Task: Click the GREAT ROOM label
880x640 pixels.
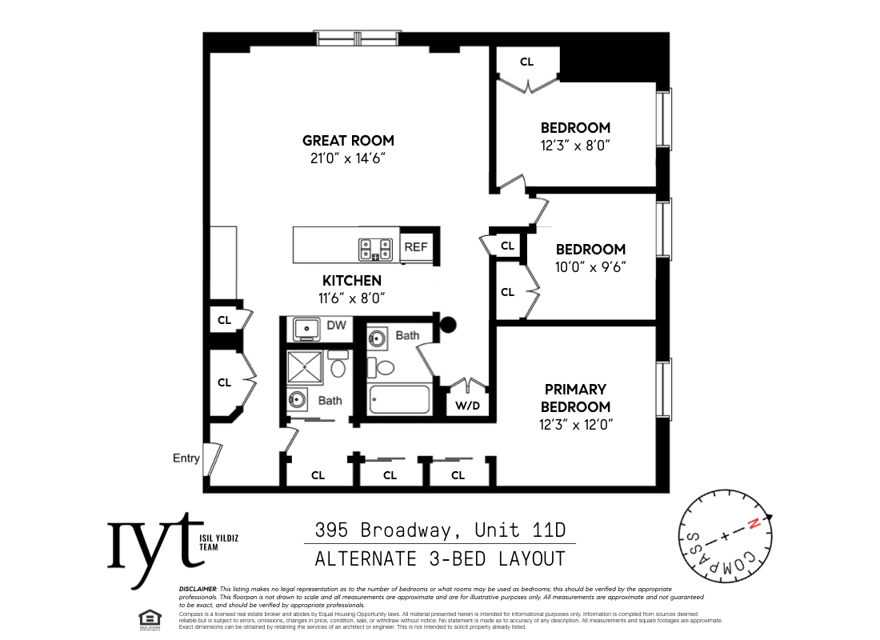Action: pos(348,141)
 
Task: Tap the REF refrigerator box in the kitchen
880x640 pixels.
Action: pos(416,247)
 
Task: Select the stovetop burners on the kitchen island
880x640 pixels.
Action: pos(376,248)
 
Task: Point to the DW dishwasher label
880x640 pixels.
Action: pos(337,326)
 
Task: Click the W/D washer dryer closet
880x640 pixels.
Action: pos(467,406)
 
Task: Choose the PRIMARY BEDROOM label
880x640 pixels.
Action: pos(576,398)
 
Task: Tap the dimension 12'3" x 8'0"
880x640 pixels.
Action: pos(575,146)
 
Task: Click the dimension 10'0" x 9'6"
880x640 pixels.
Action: pos(590,267)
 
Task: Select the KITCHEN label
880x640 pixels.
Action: pos(352,281)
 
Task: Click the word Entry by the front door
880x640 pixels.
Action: pos(186,458)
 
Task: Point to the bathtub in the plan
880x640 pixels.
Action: pos(400,399)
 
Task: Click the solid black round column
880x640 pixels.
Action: pos(449,324)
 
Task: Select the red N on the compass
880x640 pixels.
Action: pos(753,525)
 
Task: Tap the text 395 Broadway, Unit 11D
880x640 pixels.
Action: pos(440,530)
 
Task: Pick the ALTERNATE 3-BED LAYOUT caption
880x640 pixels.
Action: pos(440,558)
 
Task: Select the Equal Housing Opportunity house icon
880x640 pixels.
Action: pos(147,618)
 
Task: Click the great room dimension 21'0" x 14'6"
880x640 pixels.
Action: pos(348,158)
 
